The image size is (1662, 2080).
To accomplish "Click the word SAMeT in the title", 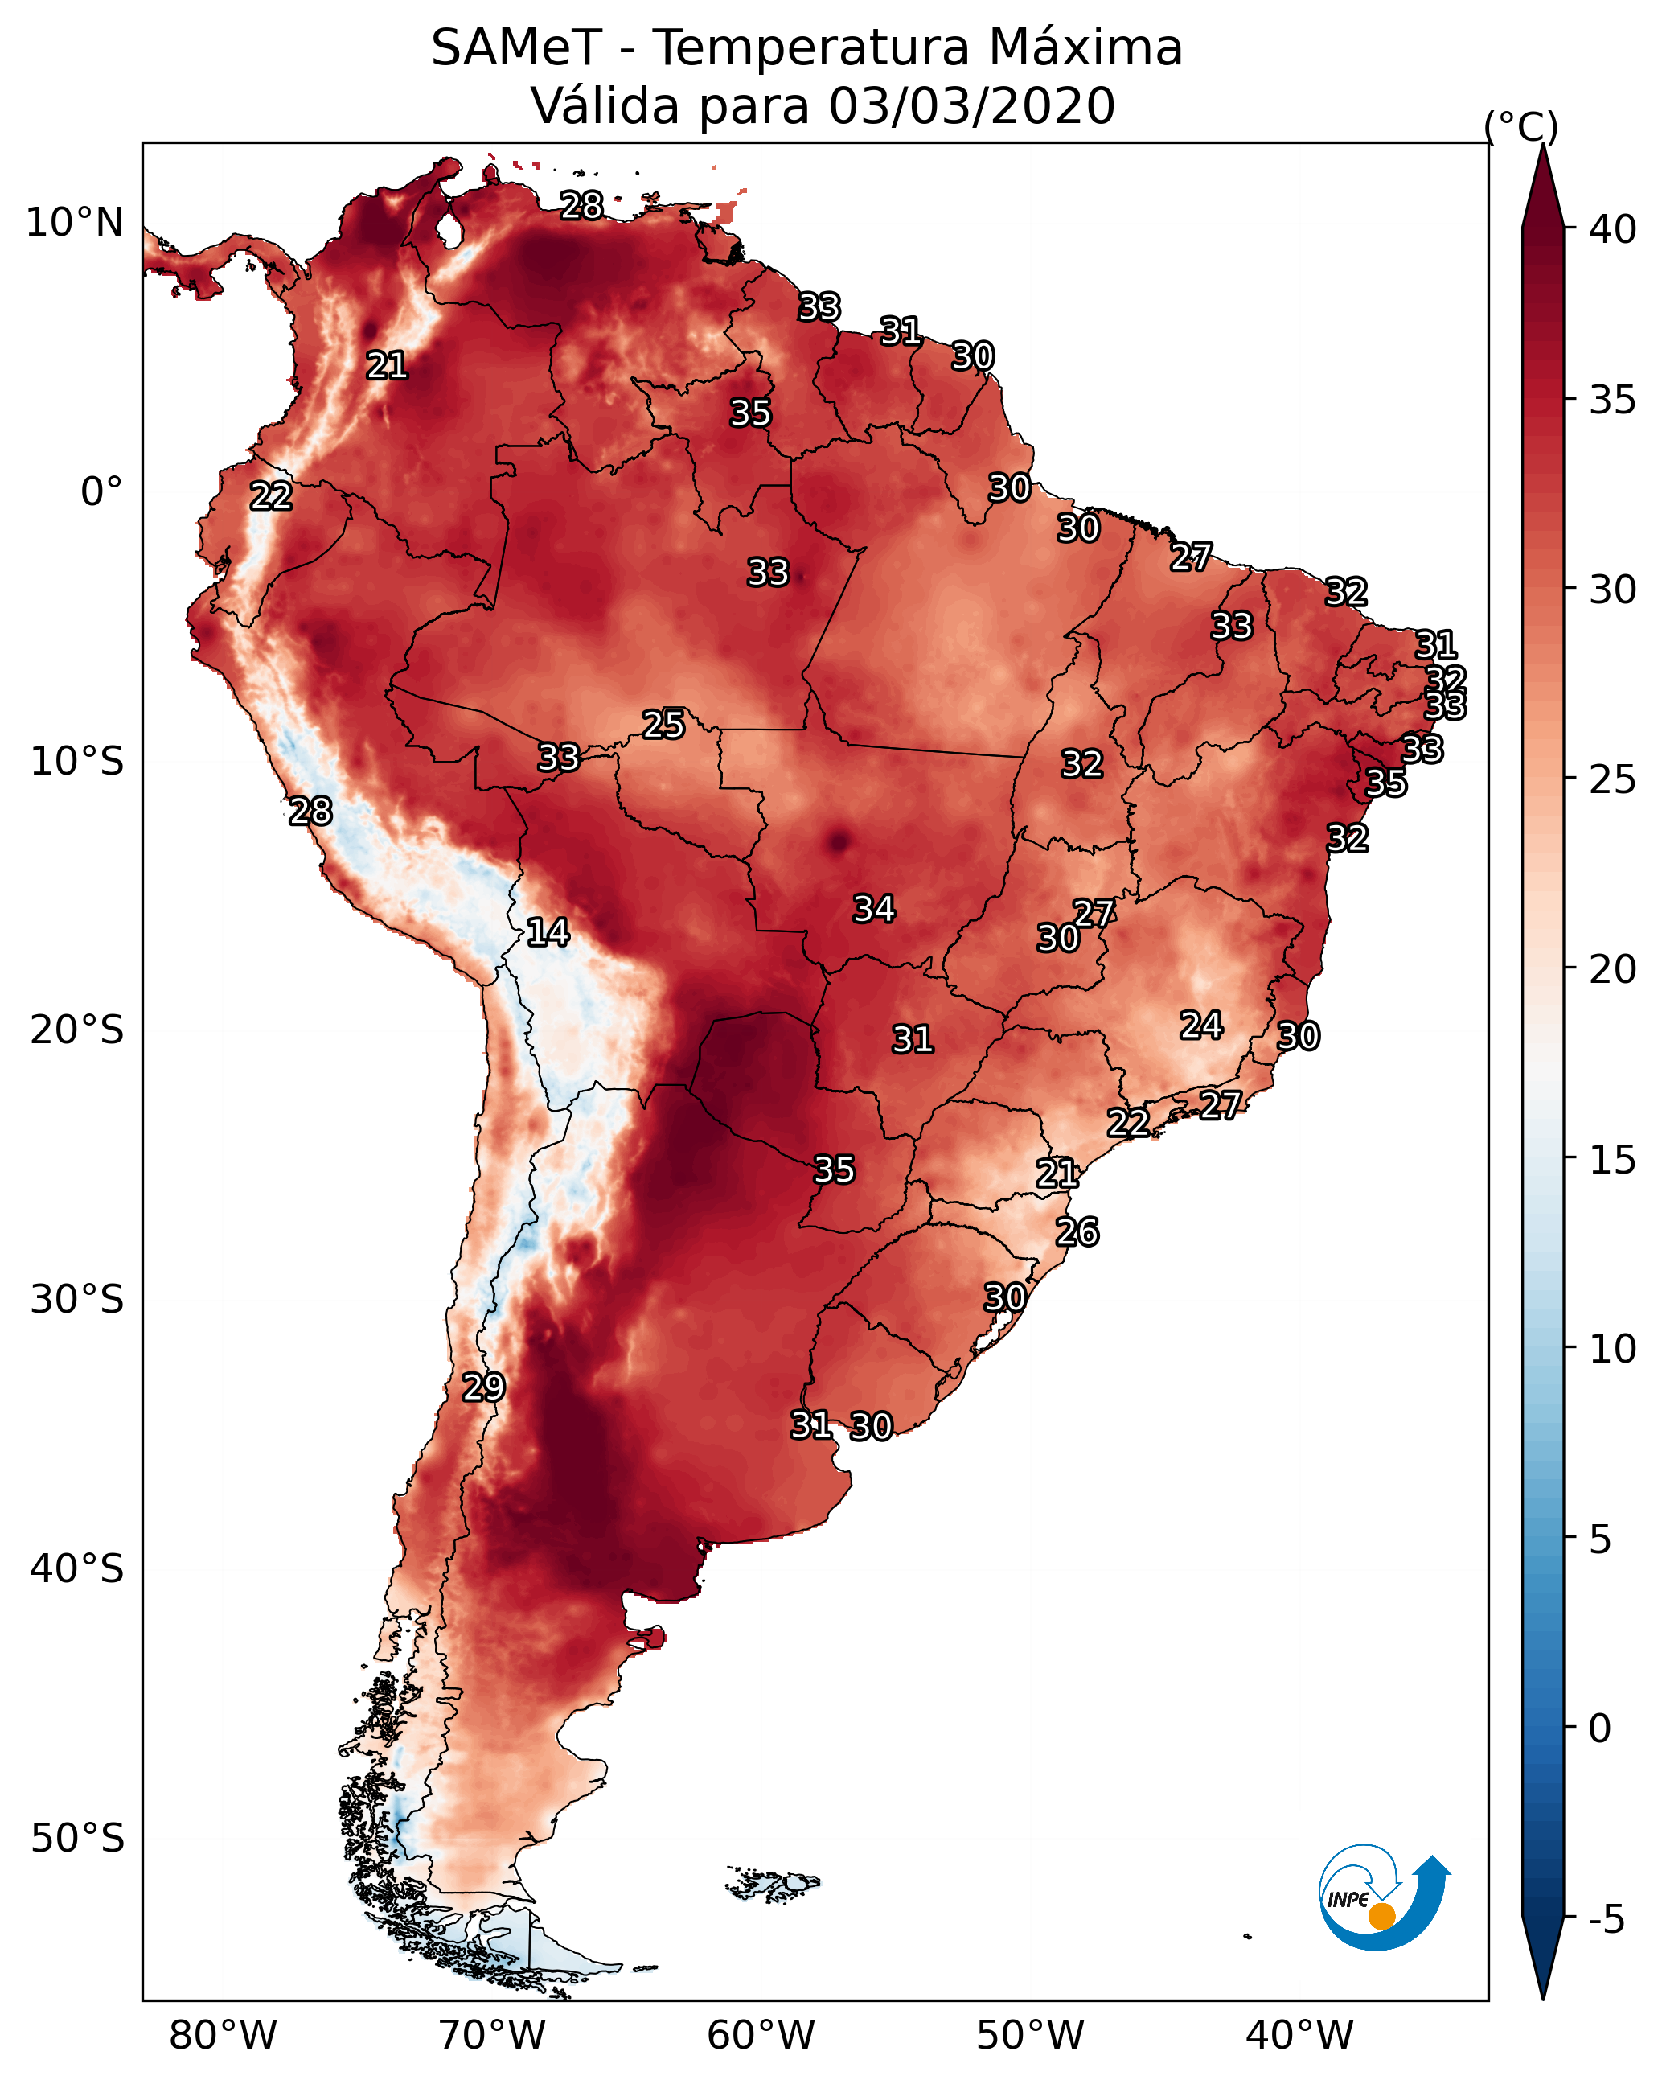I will (516, 48).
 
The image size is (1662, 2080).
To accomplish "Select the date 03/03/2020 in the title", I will (971, 106).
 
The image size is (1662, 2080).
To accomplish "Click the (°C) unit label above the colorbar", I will (1520, 126).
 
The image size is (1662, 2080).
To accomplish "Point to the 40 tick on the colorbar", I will (1613, 229).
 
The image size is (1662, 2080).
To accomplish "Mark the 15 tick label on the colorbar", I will (1613, 1159).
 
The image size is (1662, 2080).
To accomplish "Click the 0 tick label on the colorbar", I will (1599, 1729).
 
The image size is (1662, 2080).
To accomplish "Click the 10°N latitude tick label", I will (74, 223).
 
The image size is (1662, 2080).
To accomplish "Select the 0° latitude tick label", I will (101, 492).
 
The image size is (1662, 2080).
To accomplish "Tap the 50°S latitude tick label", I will (77, 1839).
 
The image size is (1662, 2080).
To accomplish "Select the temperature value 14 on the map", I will (548, 932).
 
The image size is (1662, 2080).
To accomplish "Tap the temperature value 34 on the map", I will (874, 909).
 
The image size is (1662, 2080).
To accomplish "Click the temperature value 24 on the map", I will (1201, 1025).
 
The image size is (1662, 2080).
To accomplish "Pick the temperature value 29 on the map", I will (483, 1387).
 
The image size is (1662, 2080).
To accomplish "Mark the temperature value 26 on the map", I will (1077, 1232).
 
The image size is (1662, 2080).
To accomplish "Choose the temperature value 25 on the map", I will (663, 724).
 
